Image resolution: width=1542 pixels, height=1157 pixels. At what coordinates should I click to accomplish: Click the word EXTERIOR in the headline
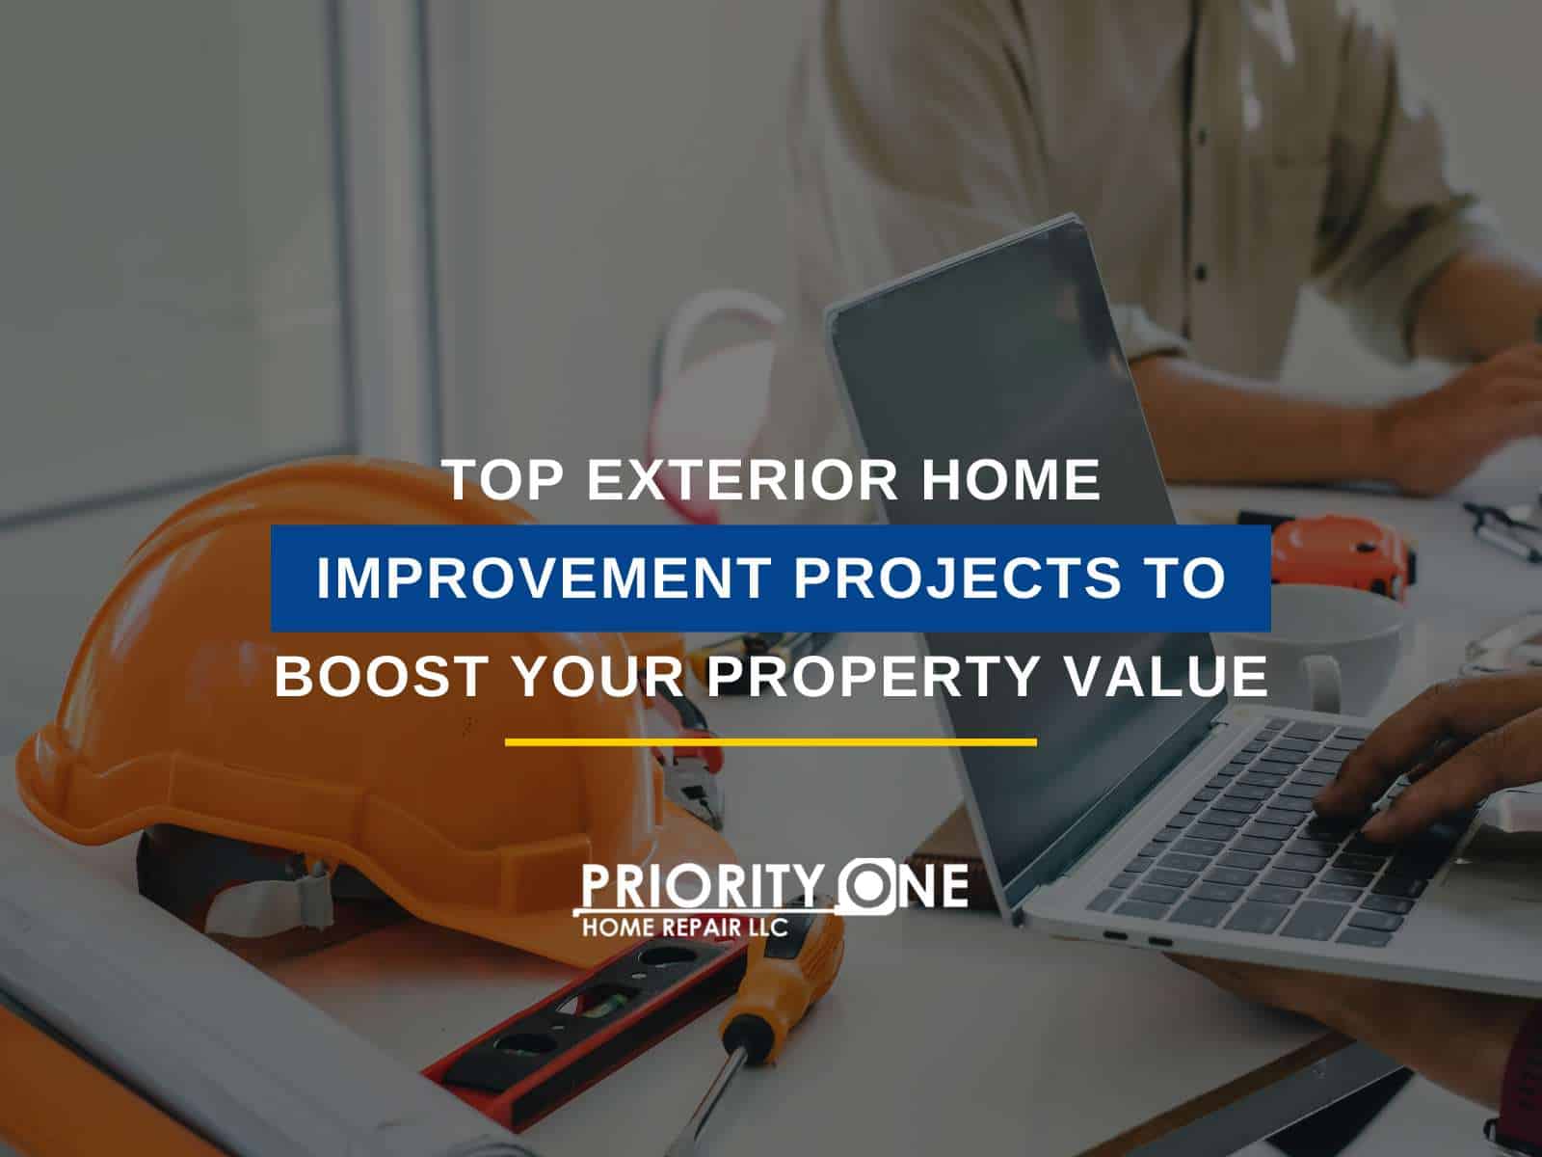tap(742, 480)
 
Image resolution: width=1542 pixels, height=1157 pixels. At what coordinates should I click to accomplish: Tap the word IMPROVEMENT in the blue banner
tap(545, 578)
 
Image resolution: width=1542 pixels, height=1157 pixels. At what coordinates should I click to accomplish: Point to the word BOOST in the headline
tap(382, 676)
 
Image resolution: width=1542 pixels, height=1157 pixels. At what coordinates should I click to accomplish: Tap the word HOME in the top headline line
tap(1011, 480)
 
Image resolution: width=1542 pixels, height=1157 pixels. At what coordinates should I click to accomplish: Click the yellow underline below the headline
tap(771, 741)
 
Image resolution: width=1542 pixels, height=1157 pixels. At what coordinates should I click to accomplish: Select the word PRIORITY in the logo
tap(702, 887)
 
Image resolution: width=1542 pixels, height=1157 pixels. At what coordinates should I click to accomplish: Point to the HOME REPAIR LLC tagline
tap(685, 928)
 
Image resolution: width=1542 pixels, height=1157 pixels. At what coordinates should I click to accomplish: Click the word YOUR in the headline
tap(598, 676)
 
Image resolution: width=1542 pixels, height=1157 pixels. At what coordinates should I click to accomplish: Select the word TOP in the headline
tap(504, 480)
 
